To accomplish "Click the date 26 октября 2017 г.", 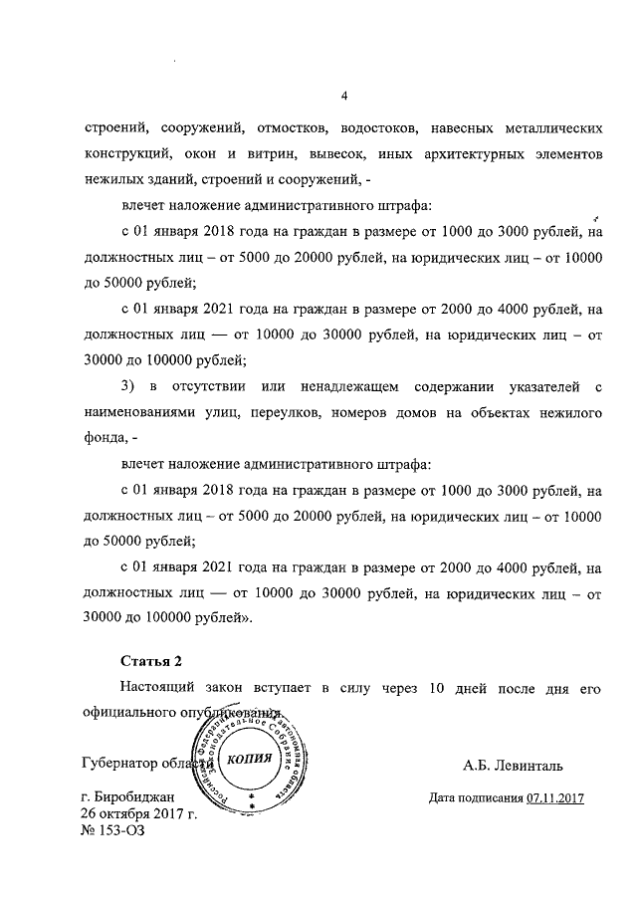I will [x=139, y=813].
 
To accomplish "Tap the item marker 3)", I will [x=127, y=386].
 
